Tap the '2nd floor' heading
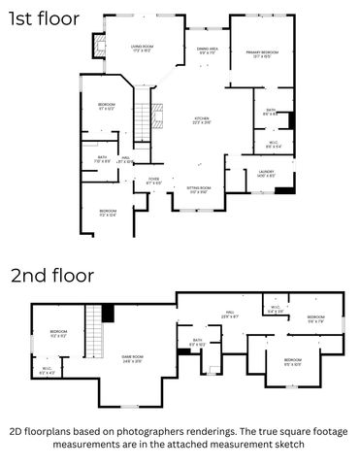(52, 275)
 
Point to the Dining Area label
(208, 50)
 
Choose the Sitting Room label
(198, 190)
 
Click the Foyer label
(153, 181)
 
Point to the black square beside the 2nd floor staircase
(108, 313)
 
